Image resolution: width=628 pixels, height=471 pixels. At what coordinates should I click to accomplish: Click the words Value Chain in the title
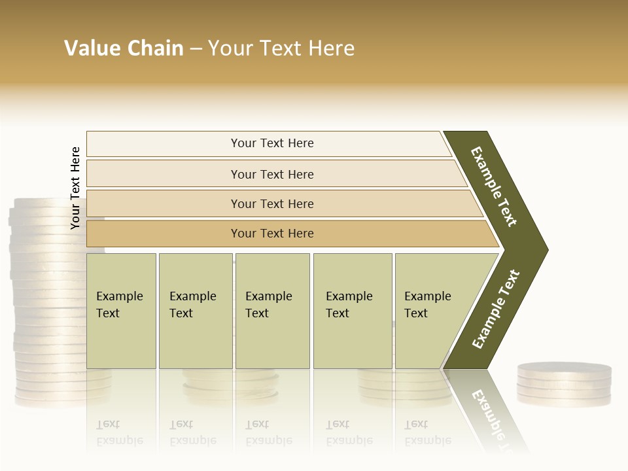tap(124, 48)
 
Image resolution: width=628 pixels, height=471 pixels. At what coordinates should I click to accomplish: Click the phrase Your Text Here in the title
tap(281, 48)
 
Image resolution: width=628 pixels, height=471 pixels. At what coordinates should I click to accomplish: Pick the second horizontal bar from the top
tap(271, 174)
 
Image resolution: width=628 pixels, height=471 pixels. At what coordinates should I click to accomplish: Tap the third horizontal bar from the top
tap(272, 203)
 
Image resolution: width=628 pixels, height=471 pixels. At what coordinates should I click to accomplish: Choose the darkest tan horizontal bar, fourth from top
tap(272, 234)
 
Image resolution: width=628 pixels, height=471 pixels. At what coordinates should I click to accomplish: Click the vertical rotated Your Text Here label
tap(75, 188)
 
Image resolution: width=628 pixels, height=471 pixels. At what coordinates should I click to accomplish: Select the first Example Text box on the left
tap(121, 311)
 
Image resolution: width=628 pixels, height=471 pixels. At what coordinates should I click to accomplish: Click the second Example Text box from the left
tap(195, 311)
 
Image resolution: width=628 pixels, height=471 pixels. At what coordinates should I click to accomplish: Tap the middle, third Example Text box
tap(271, 311)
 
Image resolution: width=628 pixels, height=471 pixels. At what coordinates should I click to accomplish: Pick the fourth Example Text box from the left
tap(352, 311)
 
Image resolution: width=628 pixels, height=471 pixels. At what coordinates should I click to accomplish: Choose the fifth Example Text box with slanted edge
tap(432, 311)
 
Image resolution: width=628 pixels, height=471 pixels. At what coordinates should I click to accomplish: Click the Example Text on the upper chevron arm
tap(494, 186)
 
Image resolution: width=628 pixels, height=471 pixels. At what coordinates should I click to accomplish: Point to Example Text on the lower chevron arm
tap(496, 309)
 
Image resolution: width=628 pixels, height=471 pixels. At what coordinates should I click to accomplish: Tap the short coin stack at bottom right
tap(564, 385)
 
